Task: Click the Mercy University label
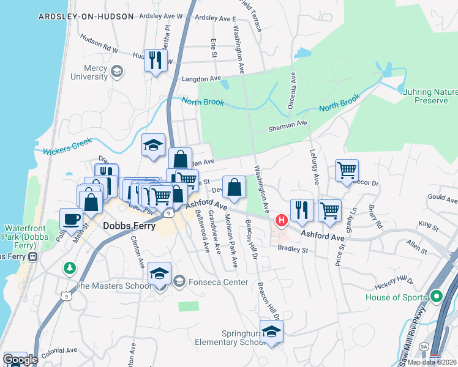click(x=89, y=72)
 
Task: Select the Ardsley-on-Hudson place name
click(x=86, y=17)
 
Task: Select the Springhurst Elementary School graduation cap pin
click(x=271, y=332)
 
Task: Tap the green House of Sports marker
click(x=436, y=298)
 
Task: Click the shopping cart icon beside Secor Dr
click(x=347, y=170)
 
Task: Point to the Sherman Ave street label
click(x=287, y=127)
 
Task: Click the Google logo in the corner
click(x=21, y=359)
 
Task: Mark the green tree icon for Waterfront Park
click(x=70, y=268)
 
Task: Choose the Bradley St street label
click(x=291, y=249)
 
